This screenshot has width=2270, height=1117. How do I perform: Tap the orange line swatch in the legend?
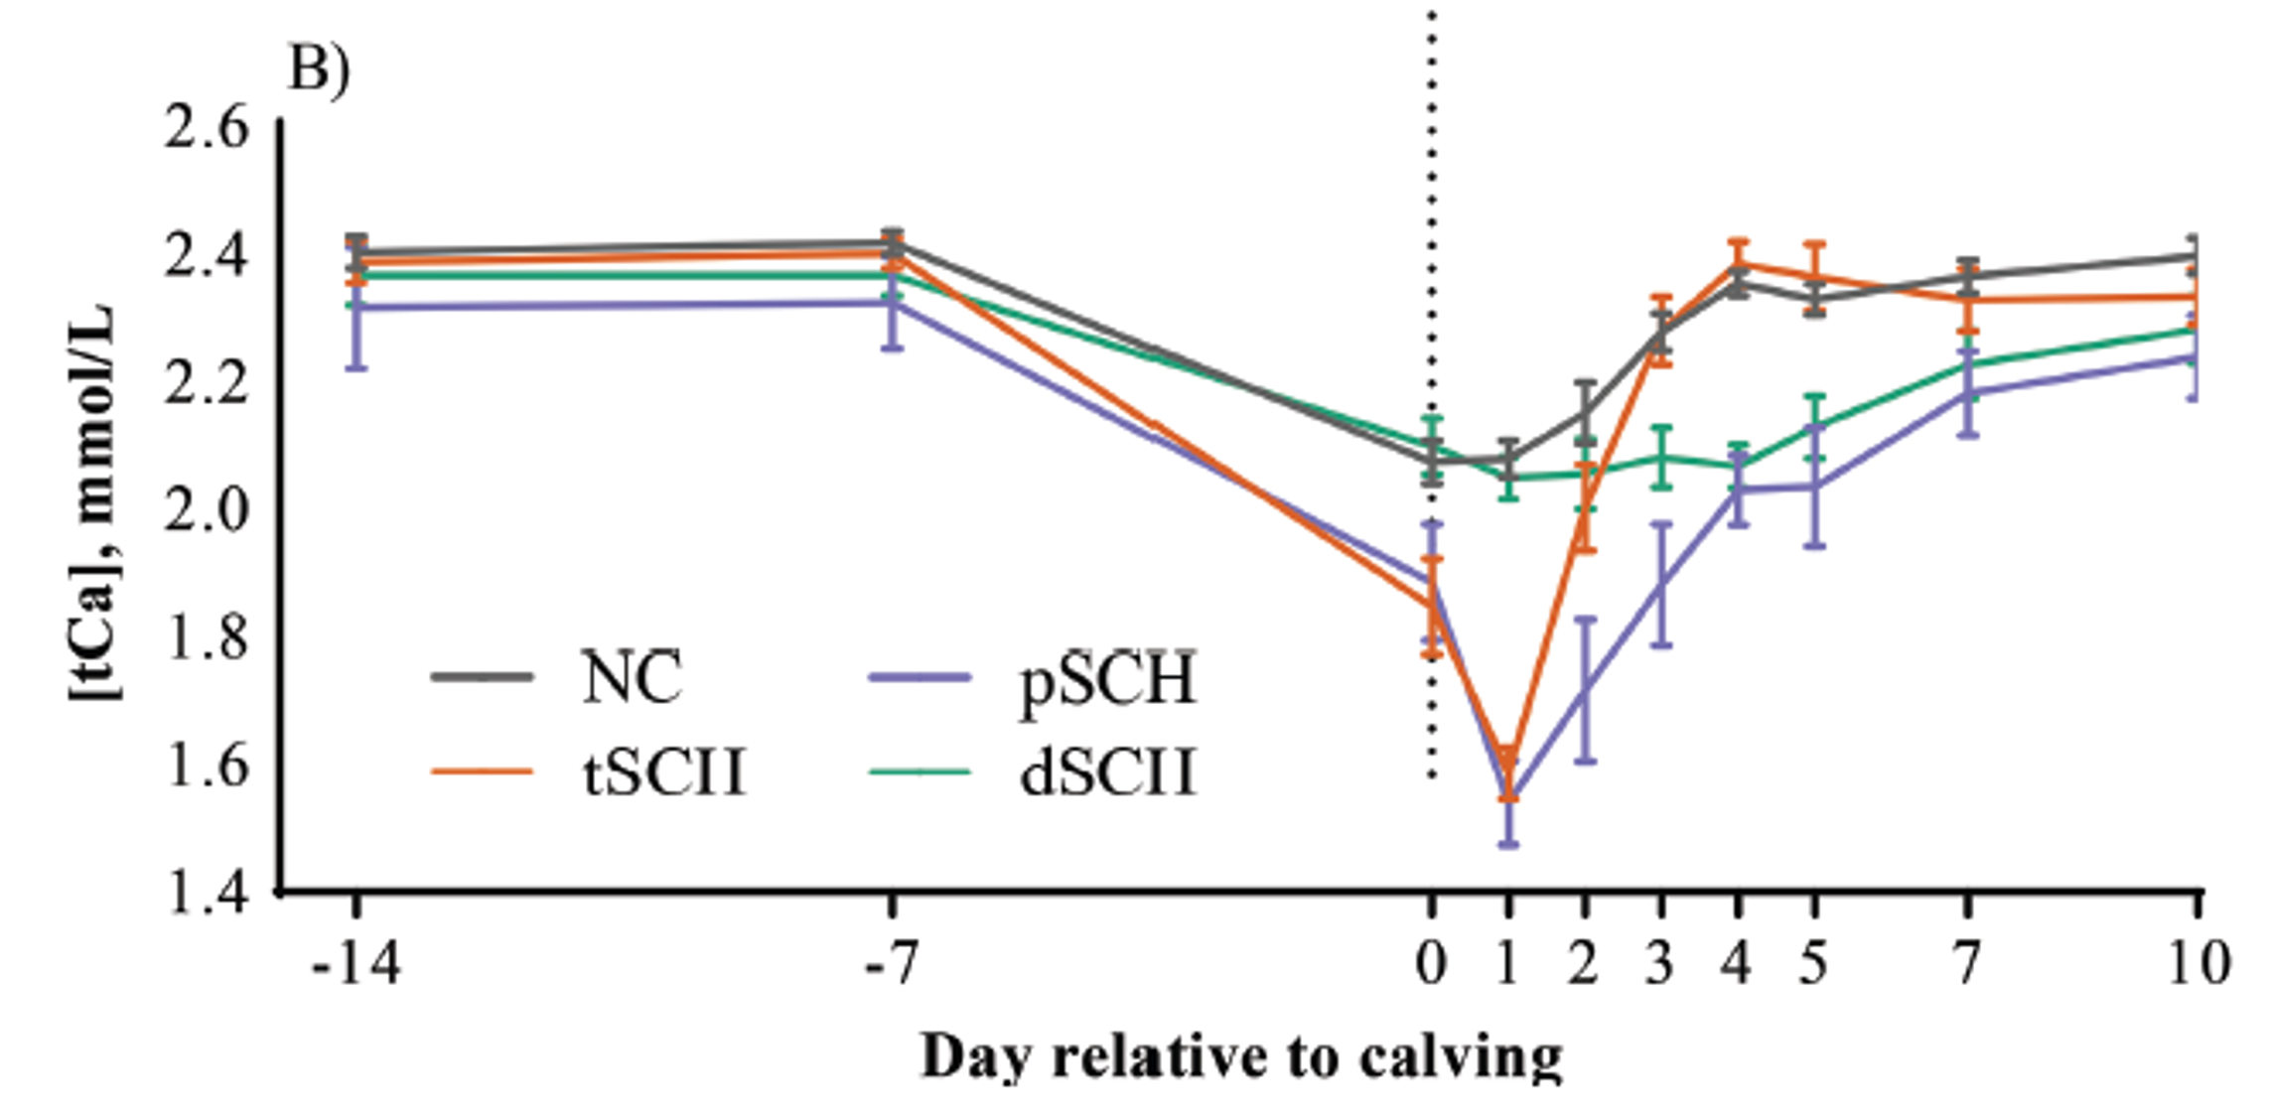(x=482, y=770)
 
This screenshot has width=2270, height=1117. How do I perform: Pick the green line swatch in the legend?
(x=919, y=770)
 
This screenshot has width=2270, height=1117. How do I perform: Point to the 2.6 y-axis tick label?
(x=206, y=128)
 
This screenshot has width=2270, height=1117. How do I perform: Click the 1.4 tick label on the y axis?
(x=206, y=892)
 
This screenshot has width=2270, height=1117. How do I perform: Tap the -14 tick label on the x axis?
(x=356, y=962)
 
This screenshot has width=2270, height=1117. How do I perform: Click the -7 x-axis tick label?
(x=891, y=962)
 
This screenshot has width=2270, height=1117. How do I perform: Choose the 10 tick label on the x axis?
(x=2196, y=962)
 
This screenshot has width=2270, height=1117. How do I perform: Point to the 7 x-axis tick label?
(x=1967, y=962)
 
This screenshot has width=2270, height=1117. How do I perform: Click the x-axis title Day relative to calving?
(x=1241, y=1057)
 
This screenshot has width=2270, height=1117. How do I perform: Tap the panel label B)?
(x=319, y=71)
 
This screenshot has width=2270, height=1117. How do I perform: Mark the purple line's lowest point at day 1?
(x=1508, y=797)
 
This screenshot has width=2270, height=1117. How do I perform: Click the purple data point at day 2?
(x=1585, y=689)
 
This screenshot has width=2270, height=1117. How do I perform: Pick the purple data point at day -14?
(x=356, y=307)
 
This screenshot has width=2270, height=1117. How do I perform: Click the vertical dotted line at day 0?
(x=1432, y=298)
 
